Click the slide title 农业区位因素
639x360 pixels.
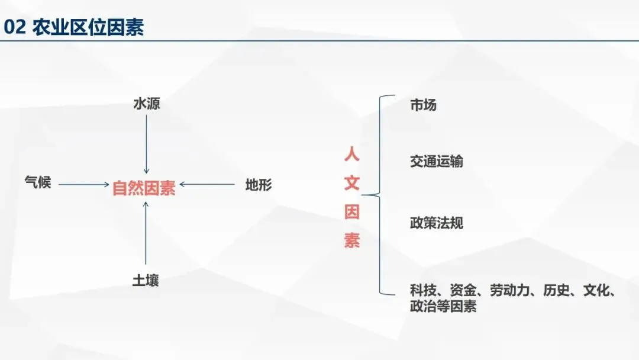(x=88, y=27)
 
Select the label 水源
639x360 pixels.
(x=146, y=104)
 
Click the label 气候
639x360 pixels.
(x=38, y=182)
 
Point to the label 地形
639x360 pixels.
(x=259, y=185)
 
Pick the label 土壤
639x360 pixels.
(x=146, y=280)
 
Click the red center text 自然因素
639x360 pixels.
(x=144, y=188)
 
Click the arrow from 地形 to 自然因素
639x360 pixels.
(x=207, y=185)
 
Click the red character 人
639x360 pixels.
(x=352, y=156)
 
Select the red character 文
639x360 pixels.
(x=352, y=184)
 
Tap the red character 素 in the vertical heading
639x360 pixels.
(x=352, y=240)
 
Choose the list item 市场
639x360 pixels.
(x=423, y=105)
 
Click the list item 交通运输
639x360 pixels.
(x=437, y=162)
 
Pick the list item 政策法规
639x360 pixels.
(x=437, y=223)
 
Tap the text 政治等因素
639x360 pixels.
(x=443, y=307)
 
